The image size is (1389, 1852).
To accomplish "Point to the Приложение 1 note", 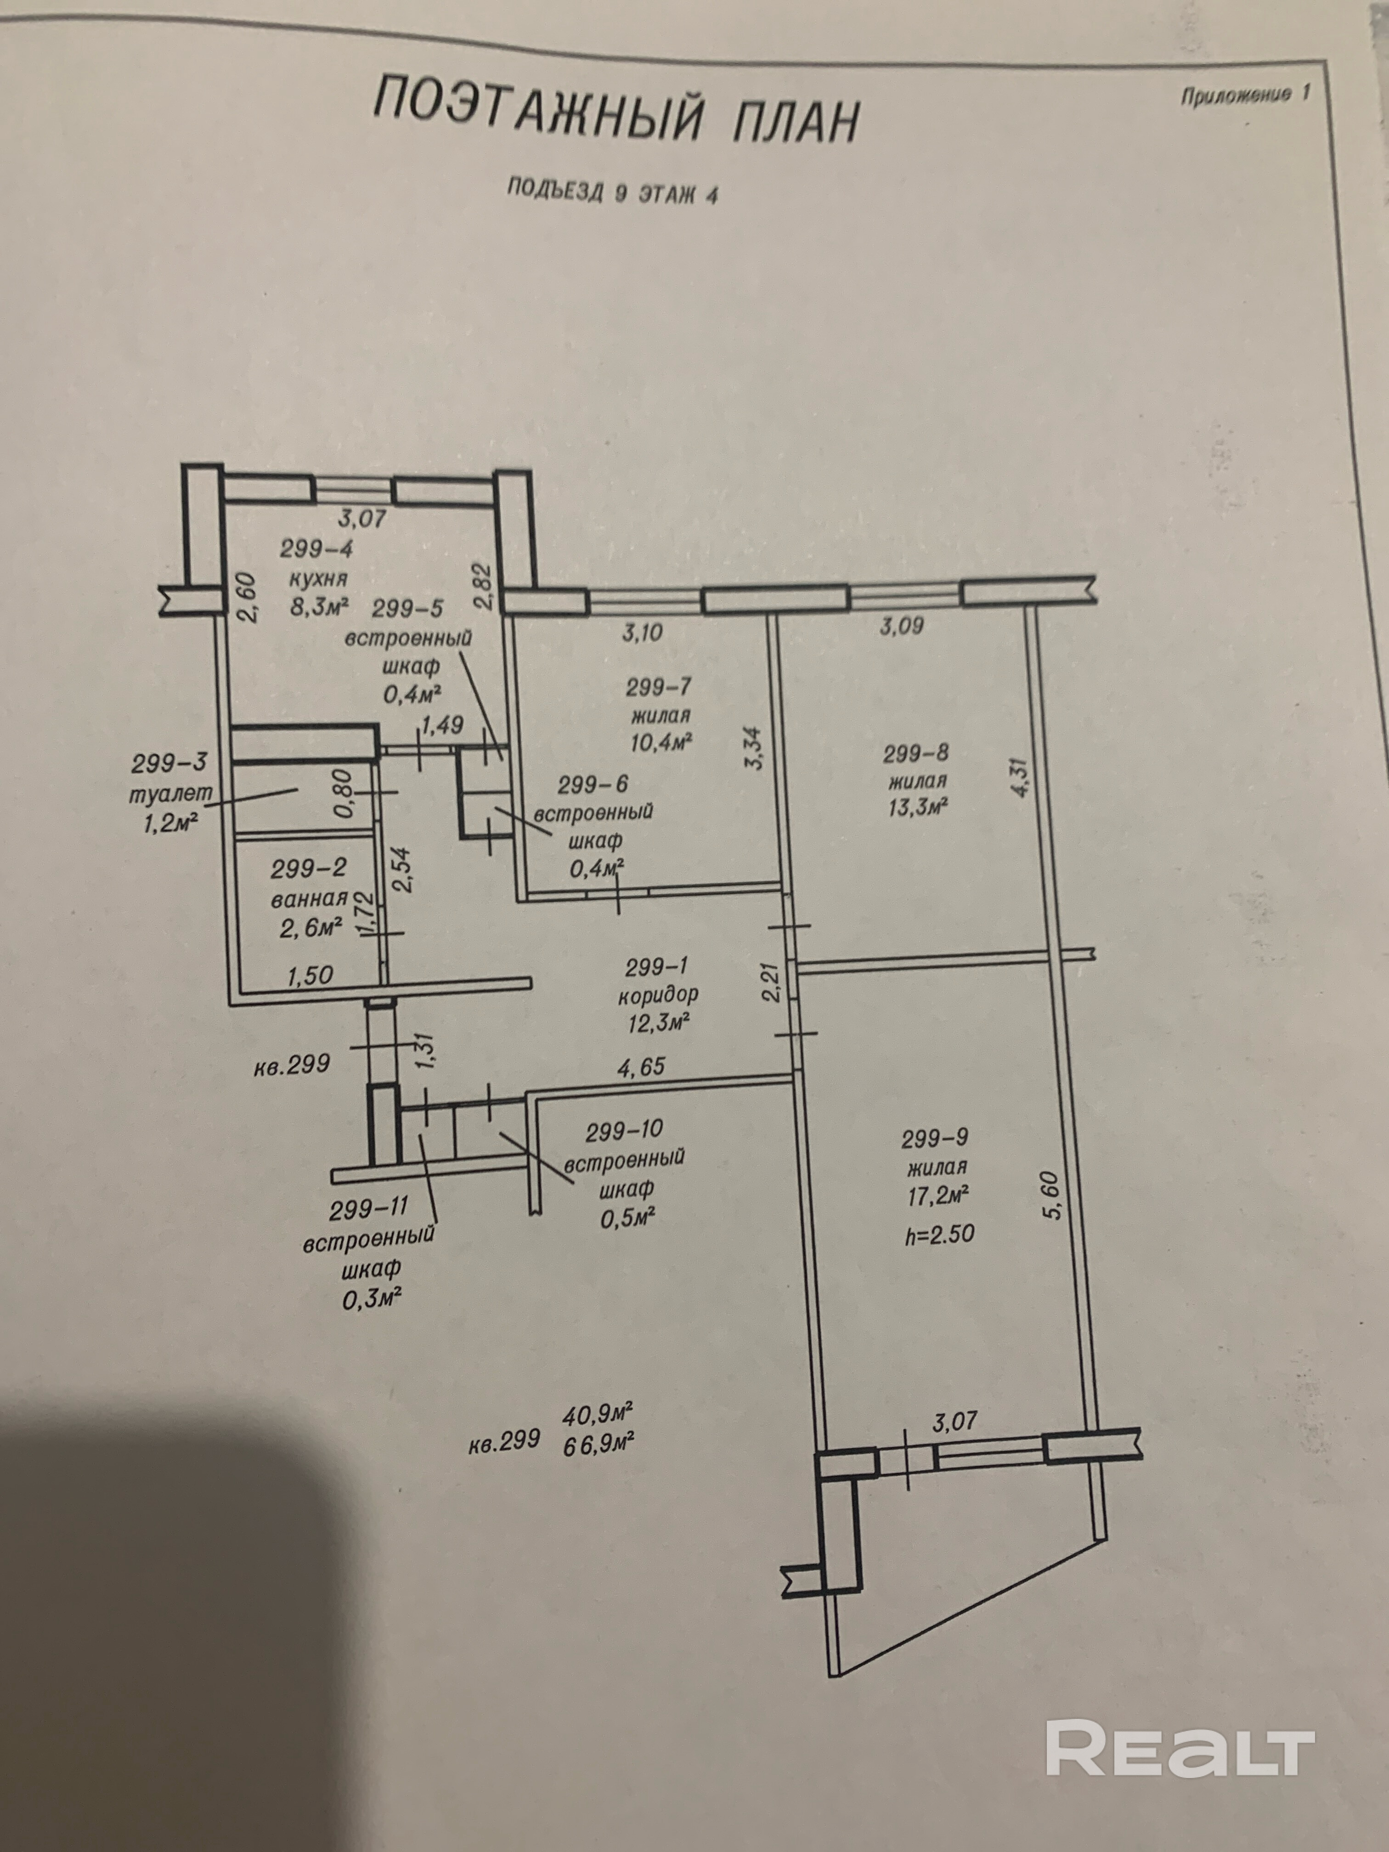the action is [x=1244, y=95].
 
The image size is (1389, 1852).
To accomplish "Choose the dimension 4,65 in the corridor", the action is [x=640, y=1066].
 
